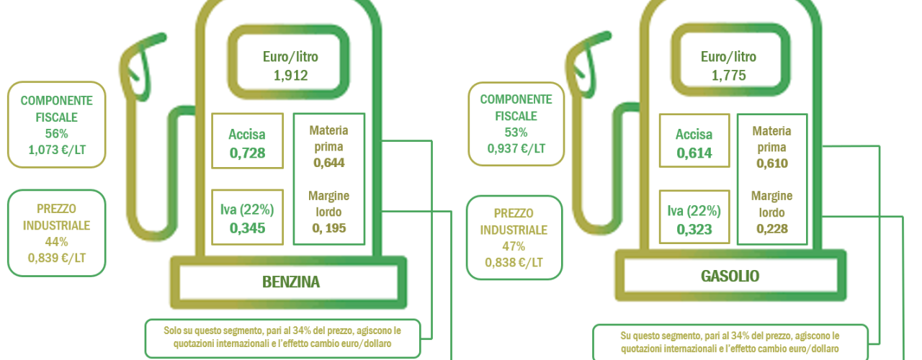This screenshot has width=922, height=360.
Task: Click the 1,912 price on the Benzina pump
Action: pyautogui.click(x=290, y=76)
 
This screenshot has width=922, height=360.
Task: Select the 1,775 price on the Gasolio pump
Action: pyautogui.click(x=728, y=76)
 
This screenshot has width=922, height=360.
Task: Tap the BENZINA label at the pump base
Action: pyautogui.click(x=291, y=282)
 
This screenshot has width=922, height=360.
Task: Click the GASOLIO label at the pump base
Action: pyautogui.click(x=730, y=276)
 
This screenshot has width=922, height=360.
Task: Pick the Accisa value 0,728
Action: pyautogui.click(x=247, y=153)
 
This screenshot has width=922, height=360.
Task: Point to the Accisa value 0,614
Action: pyautogui.click(x=694, y=153)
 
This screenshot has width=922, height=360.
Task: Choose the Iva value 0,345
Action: pyautogui.click(x=247, y=228)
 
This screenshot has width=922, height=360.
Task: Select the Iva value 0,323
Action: pyautogui.click(x=694, y=229)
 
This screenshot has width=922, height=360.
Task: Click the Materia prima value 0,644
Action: pyautogui.click(x=329, y=163)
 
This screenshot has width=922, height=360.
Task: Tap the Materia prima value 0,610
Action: pyautogui.click(x=772, y=163)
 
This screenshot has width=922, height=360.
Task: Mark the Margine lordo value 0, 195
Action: pyautogui.click(x=329, y=228)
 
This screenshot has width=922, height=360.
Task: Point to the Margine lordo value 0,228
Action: pyautogui.click(x=772, y=229)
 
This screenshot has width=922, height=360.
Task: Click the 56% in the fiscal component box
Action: pyautogui.click(x=56, y=134)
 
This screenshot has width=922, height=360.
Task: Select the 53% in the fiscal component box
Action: pyautogui.click(x=516, y=132)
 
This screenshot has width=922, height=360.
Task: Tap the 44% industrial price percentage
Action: pyautogui.click(x=56, y=242)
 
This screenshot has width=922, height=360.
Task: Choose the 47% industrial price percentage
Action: pyautogui.click(x=514, y=246)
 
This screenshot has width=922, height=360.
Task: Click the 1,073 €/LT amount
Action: pyautogui.click(x=57, y=150)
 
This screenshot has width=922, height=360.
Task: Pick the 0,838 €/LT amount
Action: pyautogui.click(x=514, y=263)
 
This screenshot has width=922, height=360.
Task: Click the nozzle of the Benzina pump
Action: pyautogui.click(x=140, y=66)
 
